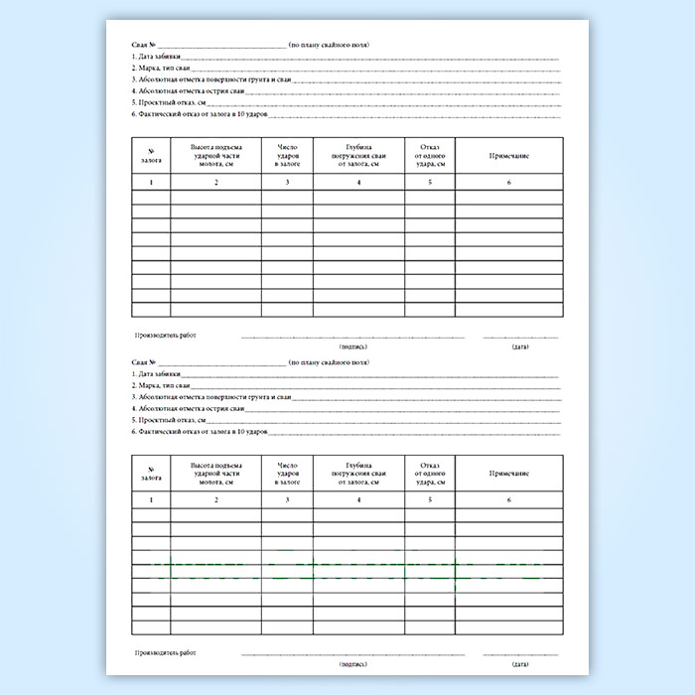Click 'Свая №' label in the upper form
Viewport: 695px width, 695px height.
(x=144, y=46)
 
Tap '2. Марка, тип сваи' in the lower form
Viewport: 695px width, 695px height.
(x=161, y=384)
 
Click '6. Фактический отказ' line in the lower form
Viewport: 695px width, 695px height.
(x=200, y=434)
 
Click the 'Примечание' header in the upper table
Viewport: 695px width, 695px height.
(x=508, y=157)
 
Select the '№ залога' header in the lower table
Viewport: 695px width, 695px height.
(x=151, y=473)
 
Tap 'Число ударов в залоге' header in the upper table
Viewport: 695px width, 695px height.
(x=287, y=157)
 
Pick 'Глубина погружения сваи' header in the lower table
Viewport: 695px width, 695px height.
(x=358, y=473)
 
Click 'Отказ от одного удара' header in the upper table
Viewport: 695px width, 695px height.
(x=430, y=157)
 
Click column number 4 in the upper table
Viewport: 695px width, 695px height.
(x=358, y=183)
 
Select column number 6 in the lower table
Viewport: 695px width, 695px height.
(x=508, y=499)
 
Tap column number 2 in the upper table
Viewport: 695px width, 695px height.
(x=215, y=183)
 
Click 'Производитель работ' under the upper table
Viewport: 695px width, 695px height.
(x=164, y=336)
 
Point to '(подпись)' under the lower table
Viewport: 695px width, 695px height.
(x=352, y=663)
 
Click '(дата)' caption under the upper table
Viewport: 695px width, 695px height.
(x=520, y=347)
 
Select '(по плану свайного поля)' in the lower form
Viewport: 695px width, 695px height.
(x=329, y=361)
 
